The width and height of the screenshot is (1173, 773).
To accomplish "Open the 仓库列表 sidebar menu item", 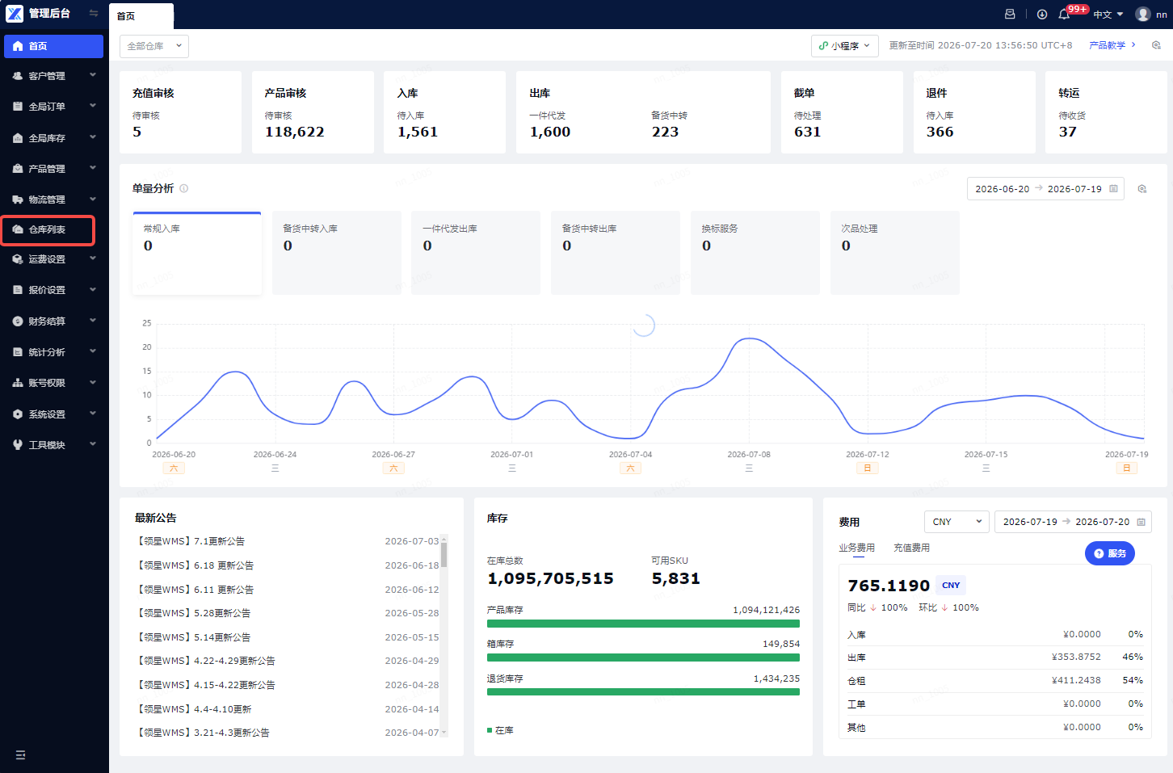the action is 48,229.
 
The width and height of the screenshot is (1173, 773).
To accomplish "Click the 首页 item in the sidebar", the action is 53,46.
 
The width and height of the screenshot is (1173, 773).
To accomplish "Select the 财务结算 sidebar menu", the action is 53,321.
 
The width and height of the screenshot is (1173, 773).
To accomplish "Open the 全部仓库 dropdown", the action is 154,46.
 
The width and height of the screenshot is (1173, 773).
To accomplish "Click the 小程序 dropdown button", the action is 845,46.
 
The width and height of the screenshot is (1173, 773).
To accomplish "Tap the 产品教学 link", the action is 1112,45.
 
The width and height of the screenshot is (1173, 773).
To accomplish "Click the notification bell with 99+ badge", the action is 1064,15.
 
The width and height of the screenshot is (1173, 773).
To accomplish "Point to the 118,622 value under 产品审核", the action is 294,132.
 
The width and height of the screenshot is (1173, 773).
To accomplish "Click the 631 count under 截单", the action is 807,132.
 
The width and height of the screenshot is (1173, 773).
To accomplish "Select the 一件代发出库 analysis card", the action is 476,253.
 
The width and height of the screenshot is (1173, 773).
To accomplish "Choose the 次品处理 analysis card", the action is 895,253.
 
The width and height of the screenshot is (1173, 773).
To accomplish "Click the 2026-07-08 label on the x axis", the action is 749,454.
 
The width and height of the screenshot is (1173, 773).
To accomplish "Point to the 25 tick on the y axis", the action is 147,323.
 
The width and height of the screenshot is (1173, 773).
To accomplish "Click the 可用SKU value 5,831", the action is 675,578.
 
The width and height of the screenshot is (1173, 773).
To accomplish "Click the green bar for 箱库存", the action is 643,657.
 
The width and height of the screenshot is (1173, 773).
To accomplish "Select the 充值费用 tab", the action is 911,548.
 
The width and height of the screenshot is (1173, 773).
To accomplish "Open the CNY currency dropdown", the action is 956,522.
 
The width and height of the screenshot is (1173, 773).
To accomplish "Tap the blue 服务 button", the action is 1110,553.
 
